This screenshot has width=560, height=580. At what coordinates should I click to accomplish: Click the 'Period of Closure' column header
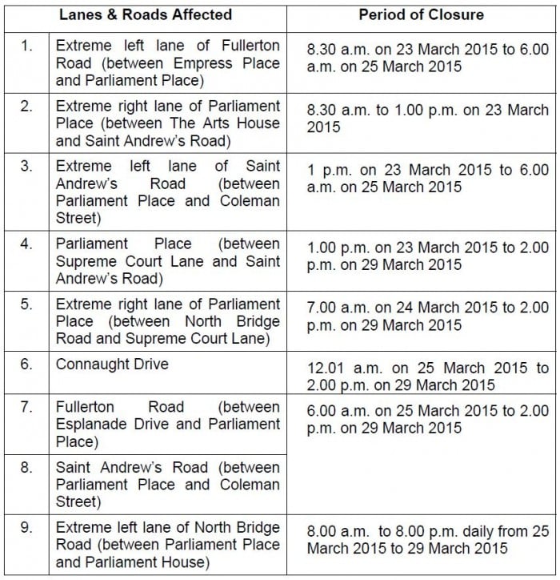[x=421, y=14]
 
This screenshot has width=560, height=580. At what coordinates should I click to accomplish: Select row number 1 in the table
[x=26, y=45]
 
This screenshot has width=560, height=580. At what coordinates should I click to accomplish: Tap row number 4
[x=26, y=244]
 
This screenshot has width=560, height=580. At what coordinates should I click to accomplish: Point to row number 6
[x=26, y=364]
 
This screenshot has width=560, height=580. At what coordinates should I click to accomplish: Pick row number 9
[x=26, y=528]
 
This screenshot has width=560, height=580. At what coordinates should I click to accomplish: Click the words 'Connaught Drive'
[x=112, y=364]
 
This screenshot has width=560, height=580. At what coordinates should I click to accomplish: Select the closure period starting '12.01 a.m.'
[x=428, y=377]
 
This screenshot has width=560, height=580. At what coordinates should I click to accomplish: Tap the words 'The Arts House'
[x=238, y=123]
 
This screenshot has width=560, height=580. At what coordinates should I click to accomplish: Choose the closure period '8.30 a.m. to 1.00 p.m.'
[x=428, y=118]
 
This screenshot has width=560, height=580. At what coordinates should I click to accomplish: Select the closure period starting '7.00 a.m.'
[x=428, y=316]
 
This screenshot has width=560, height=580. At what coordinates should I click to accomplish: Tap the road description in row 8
[x=167, y=485]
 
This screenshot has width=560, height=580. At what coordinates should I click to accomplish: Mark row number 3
[x=26, y=166]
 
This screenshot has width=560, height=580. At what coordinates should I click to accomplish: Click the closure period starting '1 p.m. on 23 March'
[x=428, y=178]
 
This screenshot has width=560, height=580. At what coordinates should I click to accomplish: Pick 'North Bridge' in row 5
[x=240, y=321]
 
